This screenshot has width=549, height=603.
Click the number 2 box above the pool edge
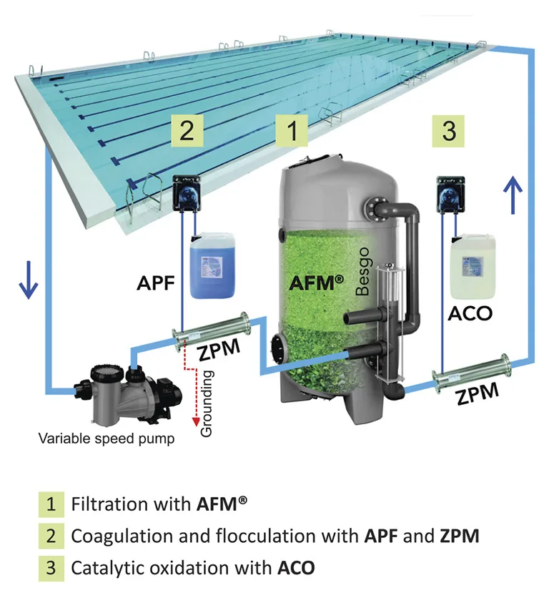point(186,133)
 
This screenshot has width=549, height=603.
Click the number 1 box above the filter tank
point(292,133)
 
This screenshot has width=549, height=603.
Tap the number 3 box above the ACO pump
point(449,132)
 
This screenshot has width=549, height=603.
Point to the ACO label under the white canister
point(470,314)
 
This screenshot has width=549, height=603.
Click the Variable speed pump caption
point(106,438)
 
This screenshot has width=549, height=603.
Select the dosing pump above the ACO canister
point(451,195)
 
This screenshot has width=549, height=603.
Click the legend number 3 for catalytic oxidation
point(50,569)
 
